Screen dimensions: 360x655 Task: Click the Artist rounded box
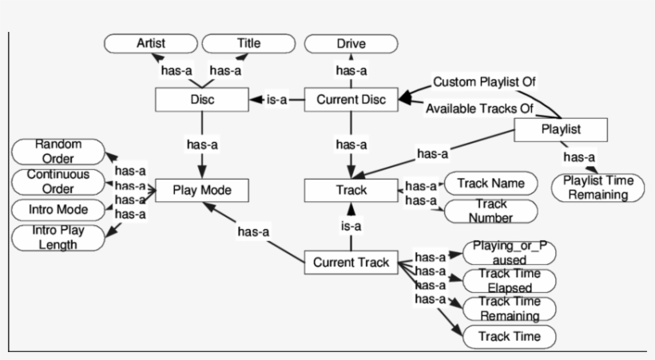[151, 43]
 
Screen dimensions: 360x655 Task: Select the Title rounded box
[248, 43]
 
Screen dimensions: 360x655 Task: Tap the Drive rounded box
[351, 43]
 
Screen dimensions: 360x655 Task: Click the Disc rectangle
[201, 100]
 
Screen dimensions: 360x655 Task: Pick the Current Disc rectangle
[351, 100]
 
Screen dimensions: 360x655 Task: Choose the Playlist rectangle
[561, 129]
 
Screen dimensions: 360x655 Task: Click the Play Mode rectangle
[201, 191]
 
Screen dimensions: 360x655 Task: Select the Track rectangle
[351, 191]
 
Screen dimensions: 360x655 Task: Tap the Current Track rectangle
[351, 262]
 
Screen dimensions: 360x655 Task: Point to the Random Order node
[58, 151]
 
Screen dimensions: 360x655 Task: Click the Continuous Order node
[58, 181]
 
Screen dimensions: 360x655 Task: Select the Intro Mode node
[58, 210]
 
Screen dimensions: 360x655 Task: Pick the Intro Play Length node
[58, 238]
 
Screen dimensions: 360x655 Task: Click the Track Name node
[490, 184]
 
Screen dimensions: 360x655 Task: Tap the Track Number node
[490, 211]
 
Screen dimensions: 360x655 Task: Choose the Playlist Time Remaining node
[597, 188]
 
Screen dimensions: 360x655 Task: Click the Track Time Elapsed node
[509, 280]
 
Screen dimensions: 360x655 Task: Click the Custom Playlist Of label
[484, 81]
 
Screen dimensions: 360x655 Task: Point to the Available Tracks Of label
[478, 108]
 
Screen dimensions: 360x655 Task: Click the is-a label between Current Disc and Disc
[276, 100]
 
